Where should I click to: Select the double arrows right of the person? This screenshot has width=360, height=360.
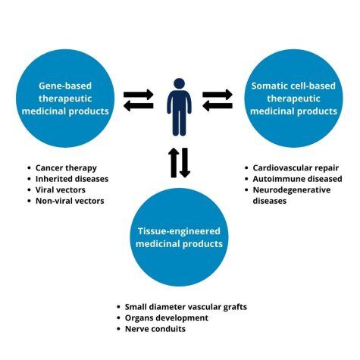(218, 99)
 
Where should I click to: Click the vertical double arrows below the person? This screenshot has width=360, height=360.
(179, 163)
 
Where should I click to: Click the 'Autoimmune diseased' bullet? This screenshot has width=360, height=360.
(294, 179)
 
